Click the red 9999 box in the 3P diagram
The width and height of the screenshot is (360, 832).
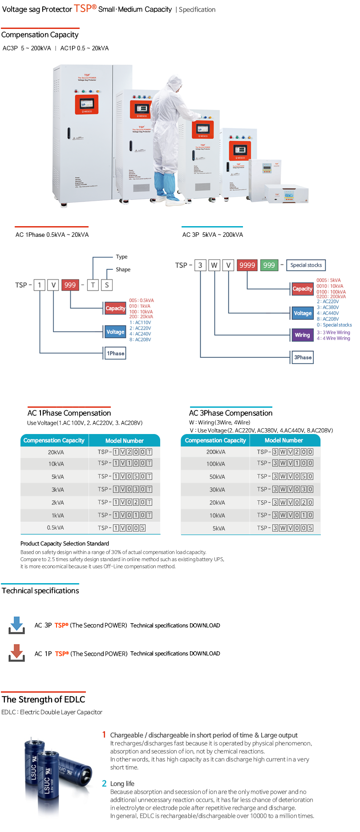tap(247, 265)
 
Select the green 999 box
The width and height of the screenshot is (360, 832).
tap(269, 265)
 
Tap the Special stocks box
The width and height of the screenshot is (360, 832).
tap(306, 265)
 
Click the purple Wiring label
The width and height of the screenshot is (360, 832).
tap(302, 335)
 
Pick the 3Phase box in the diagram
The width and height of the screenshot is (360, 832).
tap(303, 357)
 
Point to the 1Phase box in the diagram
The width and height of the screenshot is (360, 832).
tap(115, 353)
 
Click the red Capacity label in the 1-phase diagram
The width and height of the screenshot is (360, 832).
tap(115, 308)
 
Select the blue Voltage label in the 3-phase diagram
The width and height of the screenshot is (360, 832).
tap(303, 313)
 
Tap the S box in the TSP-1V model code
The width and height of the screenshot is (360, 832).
tap(107, 285)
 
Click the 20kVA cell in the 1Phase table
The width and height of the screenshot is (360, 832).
tap(56, 452)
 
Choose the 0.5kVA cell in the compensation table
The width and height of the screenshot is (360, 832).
tap(56, 528)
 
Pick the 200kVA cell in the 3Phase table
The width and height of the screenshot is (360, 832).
tap(216, 452)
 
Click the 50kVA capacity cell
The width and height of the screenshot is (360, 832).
tap(217, 477)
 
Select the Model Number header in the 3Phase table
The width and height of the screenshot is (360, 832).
tap(284, 440)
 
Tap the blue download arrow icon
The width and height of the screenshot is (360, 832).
tap(17, 625)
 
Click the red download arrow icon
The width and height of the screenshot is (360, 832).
tap(17, 653)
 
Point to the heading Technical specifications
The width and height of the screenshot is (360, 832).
tap(40, 591)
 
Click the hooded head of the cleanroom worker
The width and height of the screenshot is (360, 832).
tap(174, 83)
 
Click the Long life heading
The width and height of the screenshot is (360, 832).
tap(122, 783)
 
